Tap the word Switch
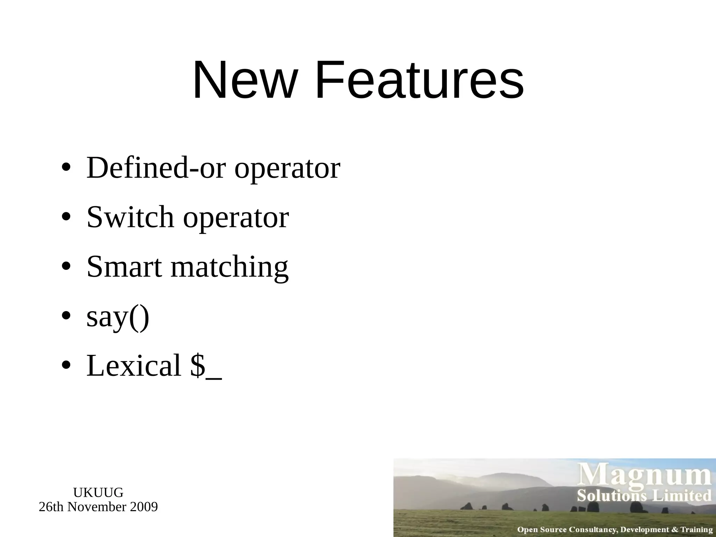click(130, 217)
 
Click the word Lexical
click(134, 365)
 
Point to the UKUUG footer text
click(98, 493)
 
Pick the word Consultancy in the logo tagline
click(592, 530)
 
